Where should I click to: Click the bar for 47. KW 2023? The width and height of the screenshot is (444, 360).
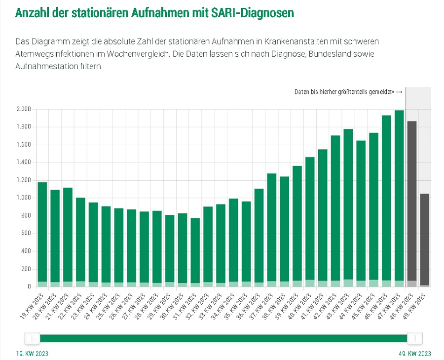(x=399, y=198)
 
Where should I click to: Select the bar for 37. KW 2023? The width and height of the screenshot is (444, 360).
(x=272, y=227)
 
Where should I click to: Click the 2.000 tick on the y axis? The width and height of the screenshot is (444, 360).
(x=23, y=109)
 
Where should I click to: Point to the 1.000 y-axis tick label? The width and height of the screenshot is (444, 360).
(x=23, y=198)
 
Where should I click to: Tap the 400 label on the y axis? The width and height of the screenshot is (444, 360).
(x=26, y=251)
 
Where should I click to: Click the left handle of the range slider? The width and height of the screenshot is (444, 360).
(x=33, y=338)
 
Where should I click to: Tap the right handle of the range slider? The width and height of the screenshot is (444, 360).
(x=415, y=338)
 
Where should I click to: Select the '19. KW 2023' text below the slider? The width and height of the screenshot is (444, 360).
(x=33, y=354)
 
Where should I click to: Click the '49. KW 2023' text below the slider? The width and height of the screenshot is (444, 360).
(x=415, y=354)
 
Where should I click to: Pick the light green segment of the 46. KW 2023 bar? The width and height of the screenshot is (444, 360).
(x=386, y=283)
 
